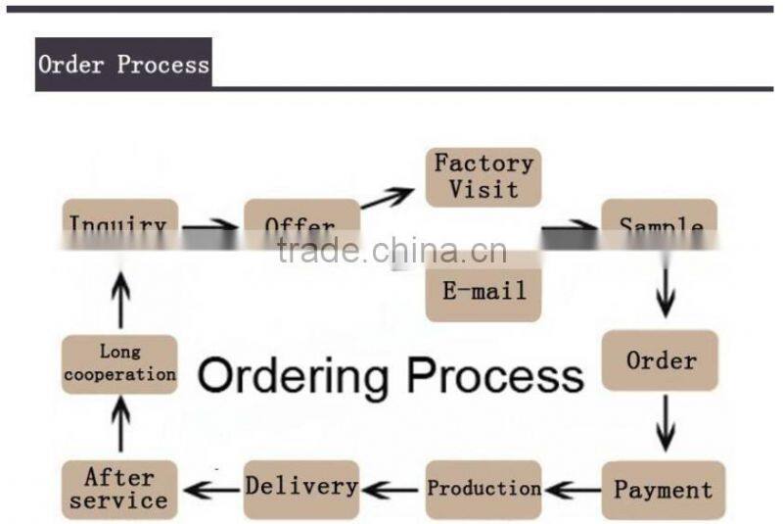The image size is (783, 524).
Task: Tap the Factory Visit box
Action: point(484,176)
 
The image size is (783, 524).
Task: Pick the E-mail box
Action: point(484,291)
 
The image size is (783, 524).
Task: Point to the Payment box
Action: point(663,489)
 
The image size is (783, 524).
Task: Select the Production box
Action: point(484,489)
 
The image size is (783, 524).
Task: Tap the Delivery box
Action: point(301,487)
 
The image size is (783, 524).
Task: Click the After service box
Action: point(119,489)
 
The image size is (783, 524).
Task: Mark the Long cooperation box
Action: point(119,363)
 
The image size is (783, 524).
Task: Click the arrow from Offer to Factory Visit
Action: point(388,197)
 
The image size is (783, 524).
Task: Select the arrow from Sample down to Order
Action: point(666,290)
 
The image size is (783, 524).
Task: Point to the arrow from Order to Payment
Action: point(666,423)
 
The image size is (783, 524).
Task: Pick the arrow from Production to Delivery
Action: point(391,488)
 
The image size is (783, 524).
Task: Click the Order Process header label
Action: point(123,65)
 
